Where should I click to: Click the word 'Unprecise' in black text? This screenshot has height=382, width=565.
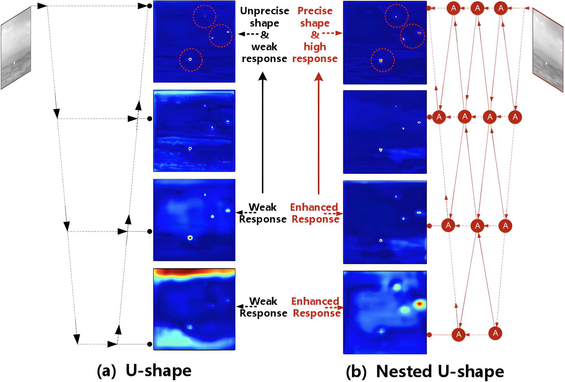coord(264,11)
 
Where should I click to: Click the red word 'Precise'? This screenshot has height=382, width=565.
coord(315,11)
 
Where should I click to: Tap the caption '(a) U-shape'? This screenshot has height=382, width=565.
coord(144,371)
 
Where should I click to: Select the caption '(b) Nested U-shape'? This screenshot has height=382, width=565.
coord(425,371)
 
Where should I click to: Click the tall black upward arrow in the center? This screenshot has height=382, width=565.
coord(263,133)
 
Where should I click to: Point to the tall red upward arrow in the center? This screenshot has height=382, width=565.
coord(319,133)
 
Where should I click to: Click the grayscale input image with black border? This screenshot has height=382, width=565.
coord(16,48)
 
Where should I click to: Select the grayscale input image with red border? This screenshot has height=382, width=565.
coord(548,50)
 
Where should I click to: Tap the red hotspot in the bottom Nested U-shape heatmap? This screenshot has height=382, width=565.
coord(420,304)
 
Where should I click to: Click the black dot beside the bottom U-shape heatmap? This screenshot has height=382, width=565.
coord(150,344)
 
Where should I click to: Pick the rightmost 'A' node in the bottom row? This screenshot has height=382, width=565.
coord(495,333)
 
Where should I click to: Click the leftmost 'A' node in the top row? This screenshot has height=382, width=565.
coord(453,8)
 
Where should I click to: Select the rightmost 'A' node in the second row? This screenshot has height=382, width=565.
coord(515,117)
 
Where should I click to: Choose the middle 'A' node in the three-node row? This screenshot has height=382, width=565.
coord(477,225)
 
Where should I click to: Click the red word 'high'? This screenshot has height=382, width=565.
coord(315,47)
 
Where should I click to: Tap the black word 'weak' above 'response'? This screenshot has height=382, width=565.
coord(264,47)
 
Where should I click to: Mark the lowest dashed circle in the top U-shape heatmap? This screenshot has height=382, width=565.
coord(191,60)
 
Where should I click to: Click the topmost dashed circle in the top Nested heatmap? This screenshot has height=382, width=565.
coord(396,16)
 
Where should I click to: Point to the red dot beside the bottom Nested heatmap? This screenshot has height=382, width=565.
coord(429,335)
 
